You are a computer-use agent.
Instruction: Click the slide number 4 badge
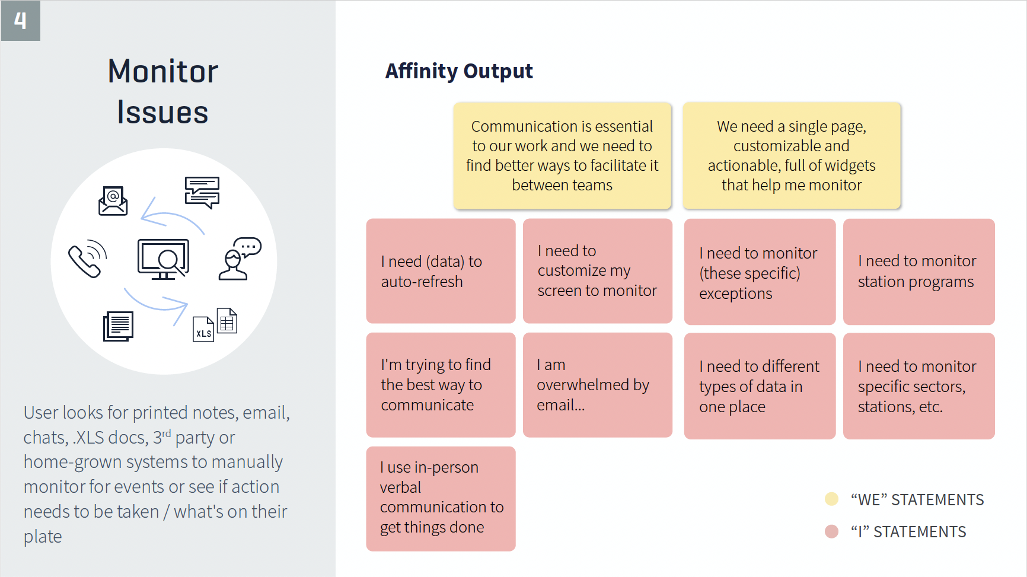pos(21,21)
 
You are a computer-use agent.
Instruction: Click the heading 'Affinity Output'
pos(459,71)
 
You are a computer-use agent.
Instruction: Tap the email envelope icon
pos(113,200)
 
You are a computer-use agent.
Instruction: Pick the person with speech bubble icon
pos(239,259)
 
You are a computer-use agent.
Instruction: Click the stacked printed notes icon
pos(119,326)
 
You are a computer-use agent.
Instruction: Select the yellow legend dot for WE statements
pos(831,499)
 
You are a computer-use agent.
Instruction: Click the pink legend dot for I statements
pos(831,531)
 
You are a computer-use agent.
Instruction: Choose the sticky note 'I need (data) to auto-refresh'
pos(441,271)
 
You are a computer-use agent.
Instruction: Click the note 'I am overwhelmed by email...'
pos(597,385)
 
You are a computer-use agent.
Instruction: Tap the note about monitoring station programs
pos(918,271)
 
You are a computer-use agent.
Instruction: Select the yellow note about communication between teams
pos(562,155)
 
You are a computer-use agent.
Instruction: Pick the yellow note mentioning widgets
pos(792,155)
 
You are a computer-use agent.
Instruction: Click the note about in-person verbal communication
pos(441,498)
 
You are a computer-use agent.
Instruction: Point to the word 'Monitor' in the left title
pos(163,72)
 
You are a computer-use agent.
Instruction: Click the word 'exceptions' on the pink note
pos(735,294)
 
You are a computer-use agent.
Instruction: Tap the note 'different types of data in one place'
pos(760,386)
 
